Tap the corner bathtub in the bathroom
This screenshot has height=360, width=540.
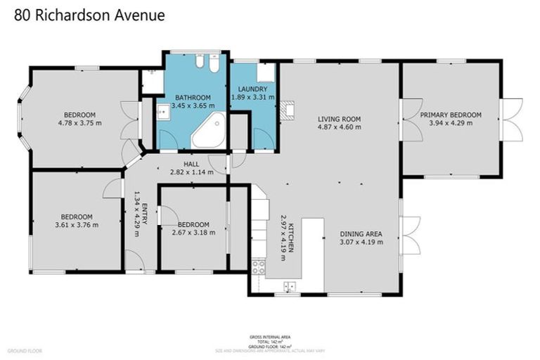(208, 131)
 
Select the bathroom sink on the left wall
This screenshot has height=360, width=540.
(162, 112)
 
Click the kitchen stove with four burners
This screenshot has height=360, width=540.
(258, 266)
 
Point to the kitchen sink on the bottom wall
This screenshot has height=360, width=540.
(289, 285)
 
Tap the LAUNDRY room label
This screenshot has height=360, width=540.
(252, 89)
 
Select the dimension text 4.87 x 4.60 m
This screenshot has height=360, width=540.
(339, 127)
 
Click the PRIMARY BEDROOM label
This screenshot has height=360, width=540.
(451, 115)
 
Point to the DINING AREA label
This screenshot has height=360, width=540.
(361, 233)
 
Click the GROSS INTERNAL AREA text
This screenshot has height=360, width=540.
(270, 337)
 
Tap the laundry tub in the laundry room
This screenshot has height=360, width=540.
(265, 72)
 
